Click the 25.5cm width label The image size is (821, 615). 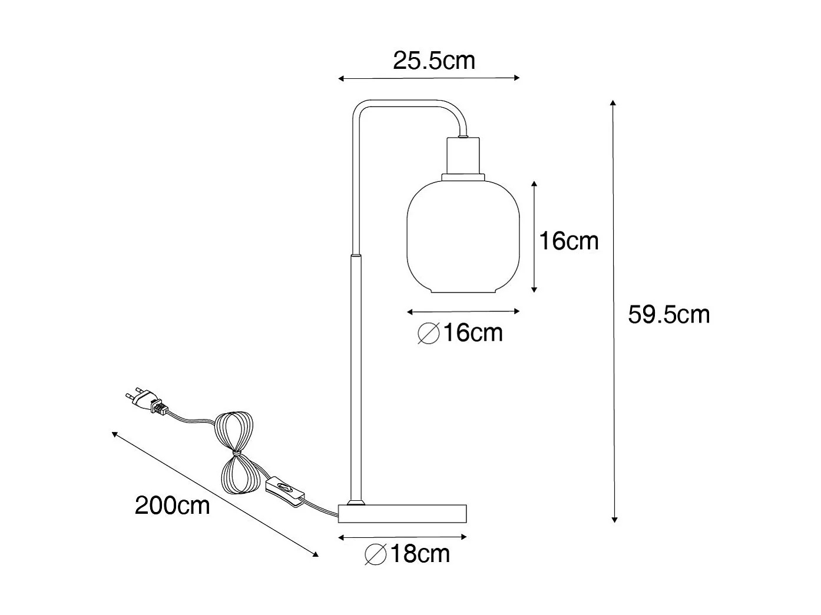(433, 61)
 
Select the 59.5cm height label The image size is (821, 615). (668, 315)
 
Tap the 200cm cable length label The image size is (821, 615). (172, 505)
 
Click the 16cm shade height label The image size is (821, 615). (568, 241)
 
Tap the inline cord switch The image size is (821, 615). (286, 489)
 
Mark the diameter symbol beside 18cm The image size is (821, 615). (375, 554)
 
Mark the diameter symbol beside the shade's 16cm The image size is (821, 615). (429, 334)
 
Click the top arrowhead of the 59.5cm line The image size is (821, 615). (613, 103)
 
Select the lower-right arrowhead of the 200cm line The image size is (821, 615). (315, 553)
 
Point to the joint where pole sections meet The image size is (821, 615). (356, 256)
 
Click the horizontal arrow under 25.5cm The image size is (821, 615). (429, 78)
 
